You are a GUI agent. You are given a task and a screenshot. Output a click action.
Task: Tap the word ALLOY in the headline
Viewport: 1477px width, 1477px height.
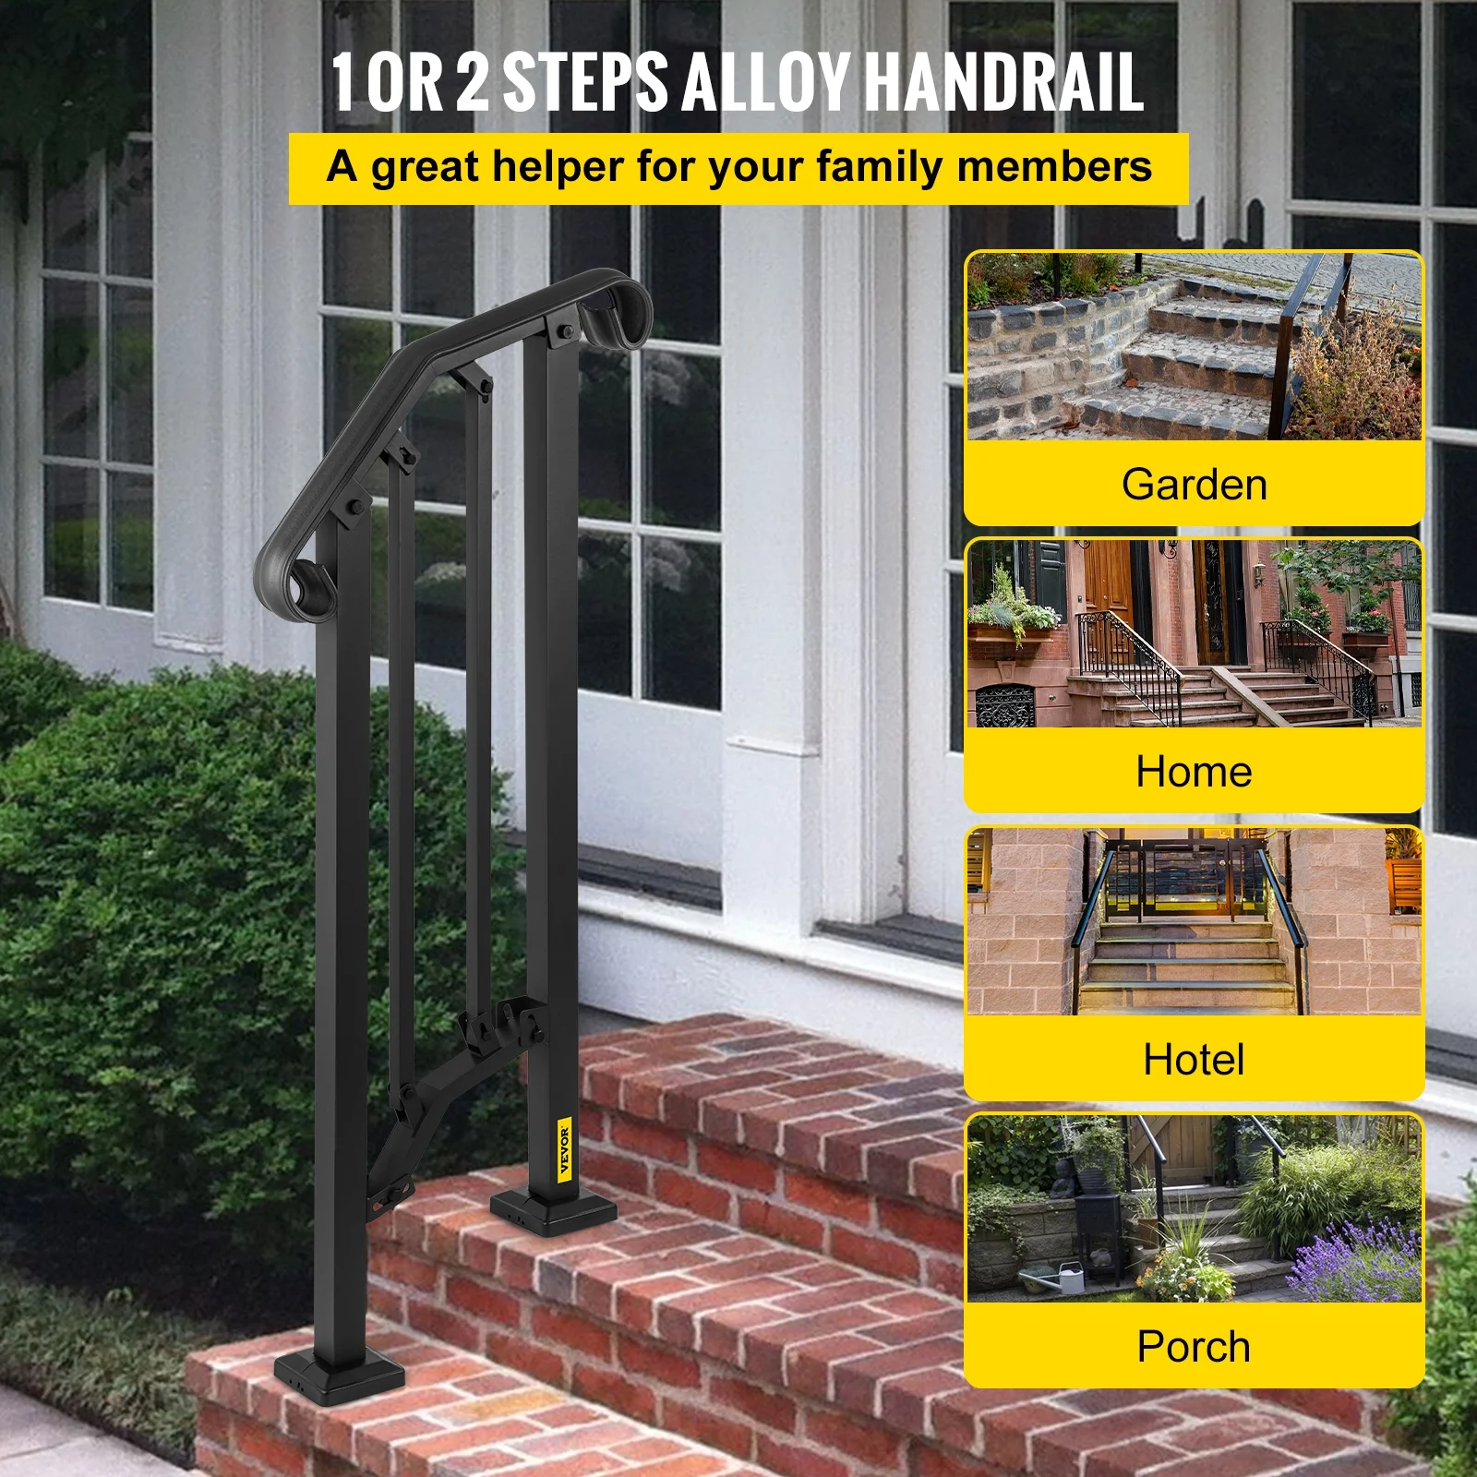point(765,81)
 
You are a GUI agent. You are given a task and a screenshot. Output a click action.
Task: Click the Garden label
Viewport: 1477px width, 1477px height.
point(1194,485)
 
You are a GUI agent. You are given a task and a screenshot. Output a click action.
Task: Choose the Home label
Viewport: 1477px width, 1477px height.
point(1194,772)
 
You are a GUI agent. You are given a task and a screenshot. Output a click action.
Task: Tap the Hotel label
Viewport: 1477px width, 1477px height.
point(1194,1059)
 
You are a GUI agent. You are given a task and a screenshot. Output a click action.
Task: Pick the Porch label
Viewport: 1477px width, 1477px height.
point(1194,1347)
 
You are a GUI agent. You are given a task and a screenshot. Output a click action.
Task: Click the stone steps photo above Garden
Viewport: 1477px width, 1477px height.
point(1194,346)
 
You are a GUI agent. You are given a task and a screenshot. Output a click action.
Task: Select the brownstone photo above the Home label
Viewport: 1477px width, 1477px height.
point(1194,634)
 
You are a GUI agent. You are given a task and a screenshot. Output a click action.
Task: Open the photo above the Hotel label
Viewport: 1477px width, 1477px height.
point(1194,921)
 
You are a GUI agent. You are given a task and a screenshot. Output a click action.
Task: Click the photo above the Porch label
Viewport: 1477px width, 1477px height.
point(1194,1208)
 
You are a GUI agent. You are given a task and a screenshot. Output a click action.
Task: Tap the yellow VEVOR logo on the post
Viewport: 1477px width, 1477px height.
point(565,1147)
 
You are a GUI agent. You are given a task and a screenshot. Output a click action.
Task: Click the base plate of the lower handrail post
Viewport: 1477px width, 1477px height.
point(339,1373)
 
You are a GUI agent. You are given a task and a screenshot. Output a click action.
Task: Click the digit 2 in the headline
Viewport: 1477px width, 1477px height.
point(472,81)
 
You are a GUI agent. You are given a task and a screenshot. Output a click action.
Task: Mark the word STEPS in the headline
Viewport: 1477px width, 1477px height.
point(584,81)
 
